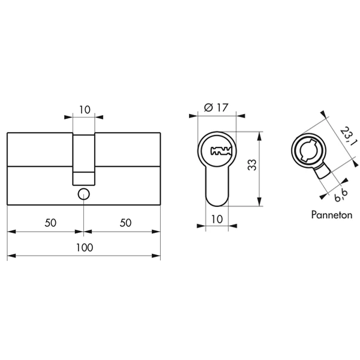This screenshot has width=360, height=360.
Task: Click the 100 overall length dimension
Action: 85,247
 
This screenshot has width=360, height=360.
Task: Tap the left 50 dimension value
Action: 50,223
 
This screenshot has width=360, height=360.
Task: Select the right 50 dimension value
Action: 125,223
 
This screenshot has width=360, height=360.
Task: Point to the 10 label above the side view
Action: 85,110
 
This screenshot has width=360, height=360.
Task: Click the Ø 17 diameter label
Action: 216,107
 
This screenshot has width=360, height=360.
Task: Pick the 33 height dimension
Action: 252,164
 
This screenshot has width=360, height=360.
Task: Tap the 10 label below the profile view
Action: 217,219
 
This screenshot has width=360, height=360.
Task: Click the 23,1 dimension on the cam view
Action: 348,136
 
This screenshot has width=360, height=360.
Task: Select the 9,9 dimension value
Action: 341,196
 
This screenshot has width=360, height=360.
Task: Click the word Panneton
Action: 332,215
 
